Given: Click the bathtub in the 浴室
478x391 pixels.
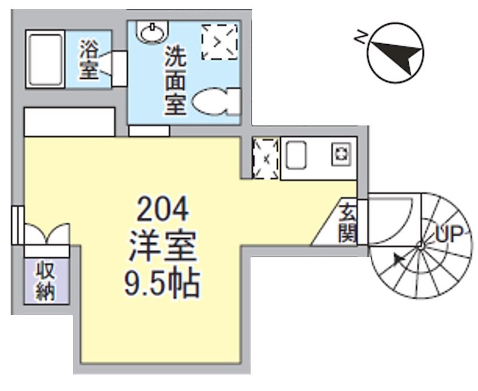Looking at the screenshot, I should tap(45, 60).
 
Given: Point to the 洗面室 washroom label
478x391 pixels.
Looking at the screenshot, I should tap(176, 80).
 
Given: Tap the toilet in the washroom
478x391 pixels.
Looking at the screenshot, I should tap(215, 101).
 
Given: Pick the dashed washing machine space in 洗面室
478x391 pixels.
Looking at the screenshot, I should tap(219, 41).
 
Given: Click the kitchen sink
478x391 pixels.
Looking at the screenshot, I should tap(296, 156).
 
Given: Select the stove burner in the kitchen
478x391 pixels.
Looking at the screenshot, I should tap(341, 156).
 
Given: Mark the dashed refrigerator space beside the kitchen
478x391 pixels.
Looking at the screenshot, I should tap(265, 158).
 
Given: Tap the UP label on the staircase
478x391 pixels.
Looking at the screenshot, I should tap(449, 234).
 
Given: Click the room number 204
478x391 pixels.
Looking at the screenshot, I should tap(163, 210).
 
